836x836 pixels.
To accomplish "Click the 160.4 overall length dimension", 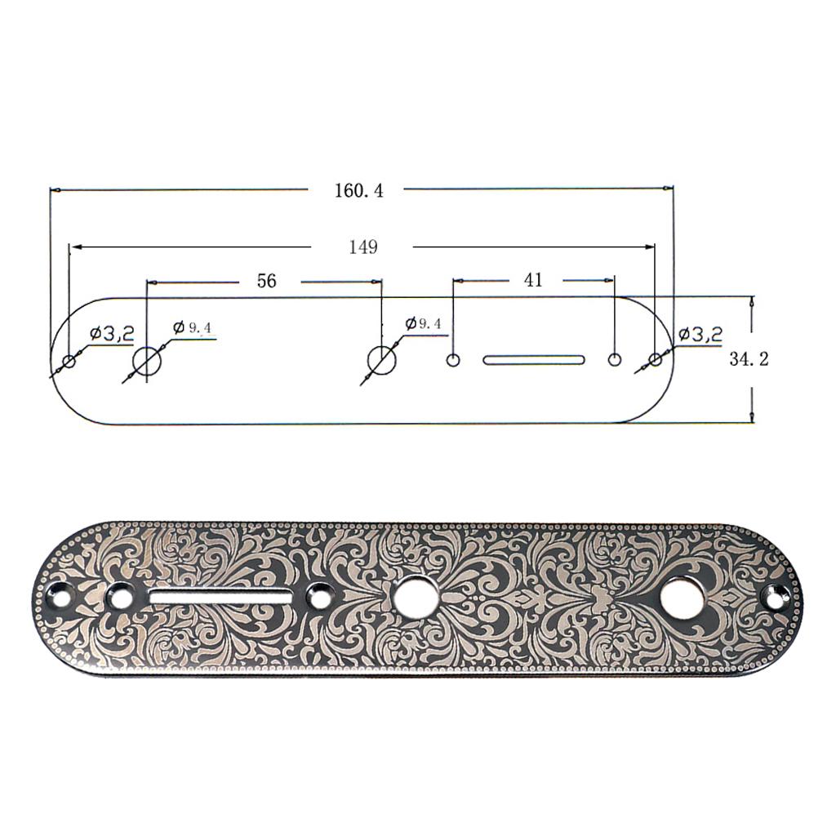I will [x=358, y=190].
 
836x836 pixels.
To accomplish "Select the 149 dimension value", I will [x=362, y=247].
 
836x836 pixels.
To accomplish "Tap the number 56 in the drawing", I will [x=266, y=281].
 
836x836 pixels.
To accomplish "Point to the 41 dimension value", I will [x=532, y=280].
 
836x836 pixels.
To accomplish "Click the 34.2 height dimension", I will [x=749, y=358].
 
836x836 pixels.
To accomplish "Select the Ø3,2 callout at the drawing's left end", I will [x=112, y=333].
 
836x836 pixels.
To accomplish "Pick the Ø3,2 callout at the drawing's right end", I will [x=700, y=334].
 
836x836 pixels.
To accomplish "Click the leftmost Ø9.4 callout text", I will [x=193, y=327].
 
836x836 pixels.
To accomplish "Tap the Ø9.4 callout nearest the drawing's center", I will [x=424, y=323].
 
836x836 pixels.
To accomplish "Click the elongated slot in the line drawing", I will [x=534, y=359].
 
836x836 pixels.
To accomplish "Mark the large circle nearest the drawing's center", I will [x=381, y=359].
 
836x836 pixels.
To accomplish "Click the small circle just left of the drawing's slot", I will [x=453, y=359].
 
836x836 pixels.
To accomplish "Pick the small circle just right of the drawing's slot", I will [x=615, y=359].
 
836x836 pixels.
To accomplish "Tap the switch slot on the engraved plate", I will [x=220, y=598].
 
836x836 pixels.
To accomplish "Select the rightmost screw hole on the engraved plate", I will [x=772, y=598].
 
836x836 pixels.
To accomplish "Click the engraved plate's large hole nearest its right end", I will [x=682, y=598].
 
